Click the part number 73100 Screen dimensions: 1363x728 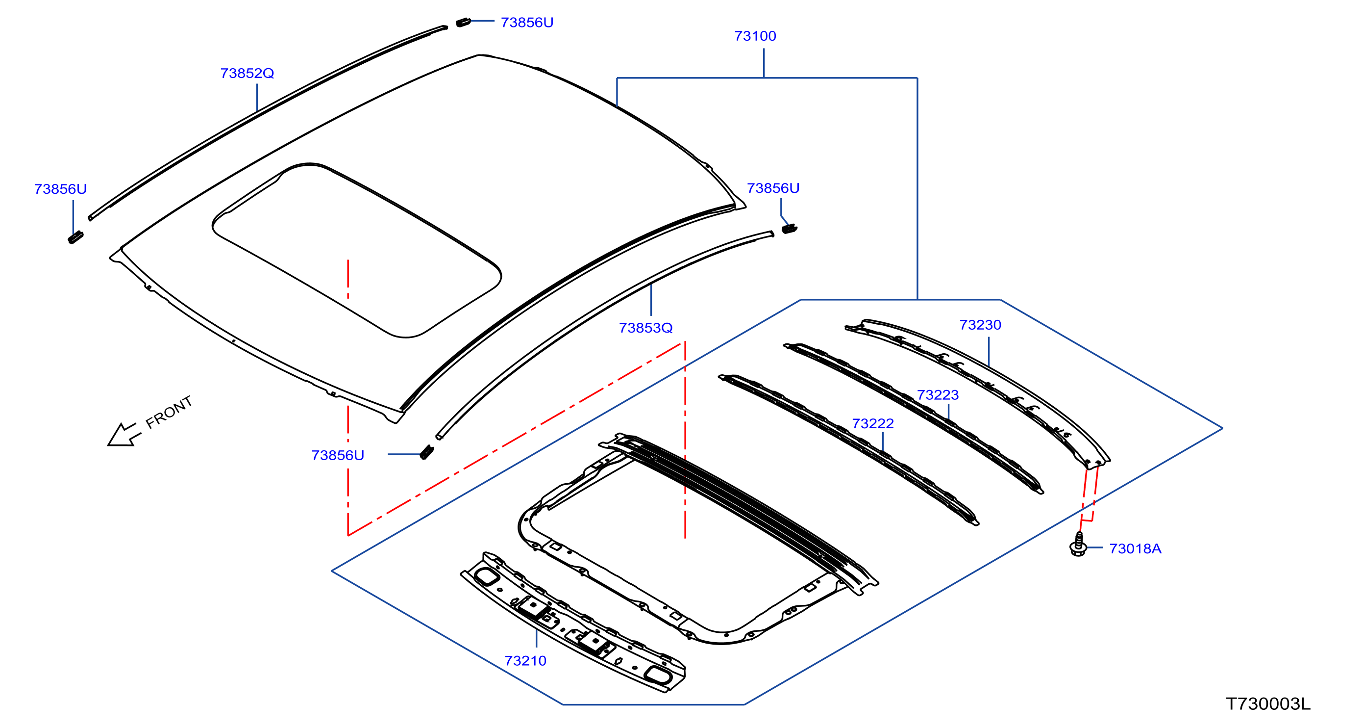pos(755,36)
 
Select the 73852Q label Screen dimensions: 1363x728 pos(247,73)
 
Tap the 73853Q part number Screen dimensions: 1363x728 pos(645,328)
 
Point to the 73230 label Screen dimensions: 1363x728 pos(980,325)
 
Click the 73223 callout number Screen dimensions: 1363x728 pos(938,394)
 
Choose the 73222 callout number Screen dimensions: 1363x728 pos(872,423)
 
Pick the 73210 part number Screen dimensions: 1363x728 pos(525,660)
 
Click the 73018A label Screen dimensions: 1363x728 pos(1135,548)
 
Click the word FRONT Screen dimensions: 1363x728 pos(169,413)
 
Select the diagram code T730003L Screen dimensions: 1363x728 pos(1268,703)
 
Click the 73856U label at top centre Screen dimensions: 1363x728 pos(527,22)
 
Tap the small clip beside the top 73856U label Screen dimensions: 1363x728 pos(464,22)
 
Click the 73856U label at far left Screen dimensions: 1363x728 pos(60,189)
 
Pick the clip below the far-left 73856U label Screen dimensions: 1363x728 pos(75,237)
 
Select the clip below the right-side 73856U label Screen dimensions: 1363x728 pos(790,229)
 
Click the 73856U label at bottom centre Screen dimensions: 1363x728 pos(338,455)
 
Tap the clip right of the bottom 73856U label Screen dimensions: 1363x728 pos(427,453)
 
